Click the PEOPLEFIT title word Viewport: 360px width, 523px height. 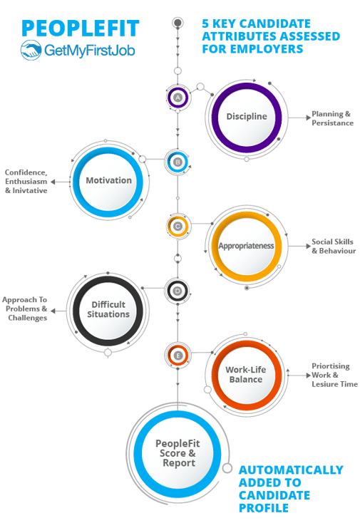pyautogui.click(x=81, y=29)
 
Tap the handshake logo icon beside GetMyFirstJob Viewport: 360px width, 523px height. pyautogui.click(x=31, y=50)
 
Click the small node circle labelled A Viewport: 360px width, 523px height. pyautogui.click(x=178, y=98)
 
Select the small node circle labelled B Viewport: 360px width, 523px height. pyautogui.click(x=178, y=162)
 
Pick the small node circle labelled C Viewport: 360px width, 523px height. pyautogui.click(x=178, y=227)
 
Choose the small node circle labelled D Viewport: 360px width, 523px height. pyautogui.click(x=178, y=291)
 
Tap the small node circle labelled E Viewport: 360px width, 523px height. pyautogui.click(x=178, y=356)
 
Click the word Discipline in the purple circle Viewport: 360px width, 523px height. pyautogui.click(x=247, y=116)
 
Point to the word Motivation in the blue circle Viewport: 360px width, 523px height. pyautogui.click(x=109, y=180)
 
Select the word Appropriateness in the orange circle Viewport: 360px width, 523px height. pyautogui.click(x=246, y=246)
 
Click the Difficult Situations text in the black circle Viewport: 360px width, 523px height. pyautogui.click(x=108, y=309)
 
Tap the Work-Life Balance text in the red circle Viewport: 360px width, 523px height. pyautogui.click(x=246, y=374)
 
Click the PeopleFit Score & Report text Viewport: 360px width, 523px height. pyautogui.click(x=178, y=453)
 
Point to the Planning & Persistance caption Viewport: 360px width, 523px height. pyautogui.click(x=332, y=118)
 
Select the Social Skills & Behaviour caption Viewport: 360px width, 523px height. pyautogui.click(x=334, y=246)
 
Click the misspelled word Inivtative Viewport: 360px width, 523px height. pyautogui.click(x=30, y=190)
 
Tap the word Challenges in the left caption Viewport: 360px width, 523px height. pyautogui.click(x=27, y=318)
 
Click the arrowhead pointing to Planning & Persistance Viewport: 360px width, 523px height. pyautogui.click(x=308, y=118)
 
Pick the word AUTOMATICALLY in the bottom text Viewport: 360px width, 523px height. pyautogui.click(x=291, y=470)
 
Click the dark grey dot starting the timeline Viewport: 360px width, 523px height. pyautogui.click(x=178, y=23)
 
